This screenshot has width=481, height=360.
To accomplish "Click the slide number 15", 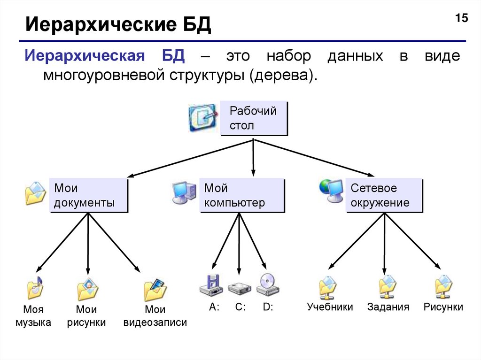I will [x=461, y=19].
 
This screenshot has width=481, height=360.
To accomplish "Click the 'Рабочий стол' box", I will [x=253, y=118].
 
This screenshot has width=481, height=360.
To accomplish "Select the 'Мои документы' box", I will [x=88, y=195].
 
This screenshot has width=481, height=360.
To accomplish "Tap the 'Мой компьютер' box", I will [x=242, y=195].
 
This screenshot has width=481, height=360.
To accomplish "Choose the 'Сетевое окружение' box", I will [x=384, y=195].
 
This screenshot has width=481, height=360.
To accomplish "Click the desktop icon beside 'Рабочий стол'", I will [x=203, y=117].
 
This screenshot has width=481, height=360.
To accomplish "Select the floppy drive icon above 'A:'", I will [x=210, y=285].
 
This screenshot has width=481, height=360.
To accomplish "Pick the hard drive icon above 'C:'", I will [x=240, y=287].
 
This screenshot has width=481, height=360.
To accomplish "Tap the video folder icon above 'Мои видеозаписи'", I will [x=155, y=290].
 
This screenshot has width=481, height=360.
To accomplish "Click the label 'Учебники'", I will [x=330, y=307].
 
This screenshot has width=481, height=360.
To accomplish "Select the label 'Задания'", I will [x=388, y=307].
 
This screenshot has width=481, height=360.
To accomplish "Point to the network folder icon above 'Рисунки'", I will [x=443, y=287].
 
